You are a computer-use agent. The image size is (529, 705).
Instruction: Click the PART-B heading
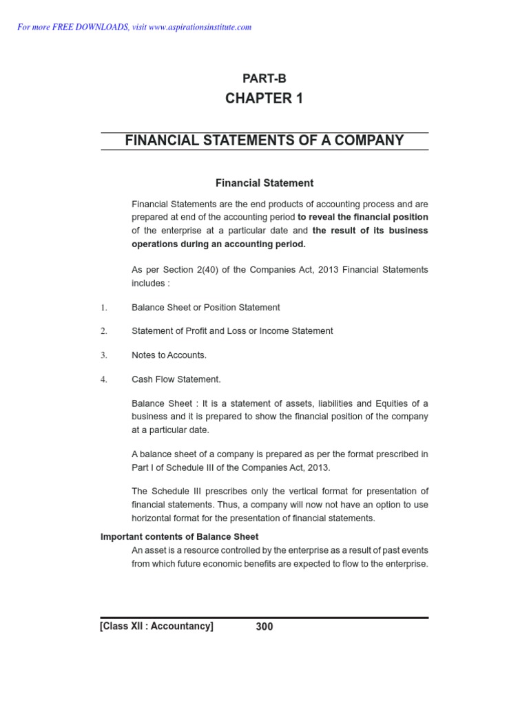coord(264,78)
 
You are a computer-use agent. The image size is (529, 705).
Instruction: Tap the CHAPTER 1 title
coord(264,98)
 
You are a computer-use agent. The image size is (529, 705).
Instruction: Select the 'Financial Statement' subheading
coord(264,183)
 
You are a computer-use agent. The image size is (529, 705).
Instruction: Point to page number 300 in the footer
coord(264,627)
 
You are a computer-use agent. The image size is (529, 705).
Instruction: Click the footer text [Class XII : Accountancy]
coord(157,627)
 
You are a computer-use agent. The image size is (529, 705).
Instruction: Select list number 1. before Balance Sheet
coord(104,308)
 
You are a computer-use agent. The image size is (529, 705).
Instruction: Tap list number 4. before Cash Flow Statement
coord(104,379)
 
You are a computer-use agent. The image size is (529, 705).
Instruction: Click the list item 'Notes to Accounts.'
coord(169,355)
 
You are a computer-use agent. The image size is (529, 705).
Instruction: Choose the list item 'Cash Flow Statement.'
coord(176,379)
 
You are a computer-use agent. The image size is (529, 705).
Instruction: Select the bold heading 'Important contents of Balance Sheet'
coord(179,537)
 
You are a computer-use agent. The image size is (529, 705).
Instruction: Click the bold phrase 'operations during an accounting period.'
coord(218,244)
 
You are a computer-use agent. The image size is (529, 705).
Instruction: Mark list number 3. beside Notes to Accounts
coord(104,355)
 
